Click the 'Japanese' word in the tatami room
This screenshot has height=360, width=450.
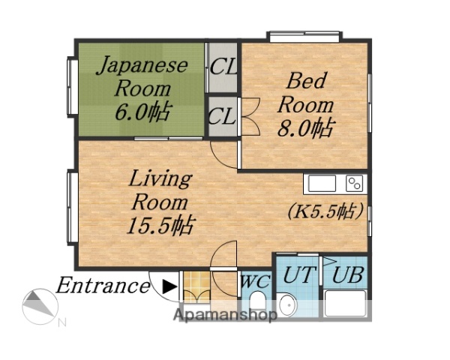click(x=141, y=64)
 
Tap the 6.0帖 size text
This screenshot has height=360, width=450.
click(x=141, y=112)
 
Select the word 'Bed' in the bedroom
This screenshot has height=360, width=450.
click(x=305, y=79)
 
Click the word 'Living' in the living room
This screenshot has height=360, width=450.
click(x=160, y=179)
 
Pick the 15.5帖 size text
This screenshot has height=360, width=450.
click(x=160, y=224)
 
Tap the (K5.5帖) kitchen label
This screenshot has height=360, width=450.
click(x=326, y=211)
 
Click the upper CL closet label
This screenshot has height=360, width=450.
click(x=223, y=66)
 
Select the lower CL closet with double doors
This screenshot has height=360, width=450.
click(x=223, y=116)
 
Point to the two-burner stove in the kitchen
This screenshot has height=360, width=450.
click(x=354, y=184)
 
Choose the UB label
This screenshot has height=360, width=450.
click(x=347, y=274)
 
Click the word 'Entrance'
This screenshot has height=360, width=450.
click(x=103, y=286)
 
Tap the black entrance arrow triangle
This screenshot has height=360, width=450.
click(x=170, y=286)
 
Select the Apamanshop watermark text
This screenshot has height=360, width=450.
click(x=225, y=314)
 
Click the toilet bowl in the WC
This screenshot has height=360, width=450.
click(x=257, y=304)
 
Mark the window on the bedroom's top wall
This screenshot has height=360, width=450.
click(x=305, y=34)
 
